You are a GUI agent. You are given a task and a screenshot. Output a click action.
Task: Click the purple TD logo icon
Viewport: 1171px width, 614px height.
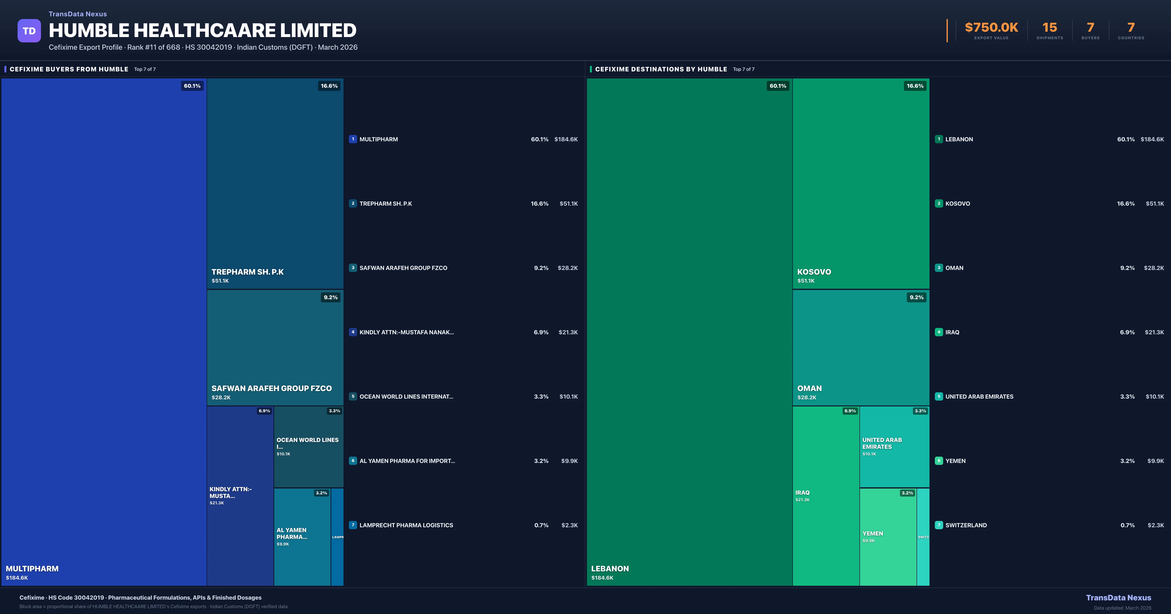click(x=29, y=31)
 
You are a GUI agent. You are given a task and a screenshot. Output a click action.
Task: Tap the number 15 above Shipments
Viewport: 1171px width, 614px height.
click(x=1049, y=28)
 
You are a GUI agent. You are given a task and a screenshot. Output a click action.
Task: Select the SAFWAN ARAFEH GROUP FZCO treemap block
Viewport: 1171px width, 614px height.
click(x=275, y=347)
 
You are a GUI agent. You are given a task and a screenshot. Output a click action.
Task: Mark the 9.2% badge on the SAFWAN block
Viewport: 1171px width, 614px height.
click(x=331, y=297)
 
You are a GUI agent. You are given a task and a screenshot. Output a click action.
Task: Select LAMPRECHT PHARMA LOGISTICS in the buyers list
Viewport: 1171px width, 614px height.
click(x=406, y=525)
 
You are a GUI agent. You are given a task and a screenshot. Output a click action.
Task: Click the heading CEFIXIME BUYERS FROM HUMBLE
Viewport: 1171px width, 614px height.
click(x=69, y=69)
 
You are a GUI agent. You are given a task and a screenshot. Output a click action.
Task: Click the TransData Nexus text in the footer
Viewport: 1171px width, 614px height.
click(x=1118, y=598)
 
